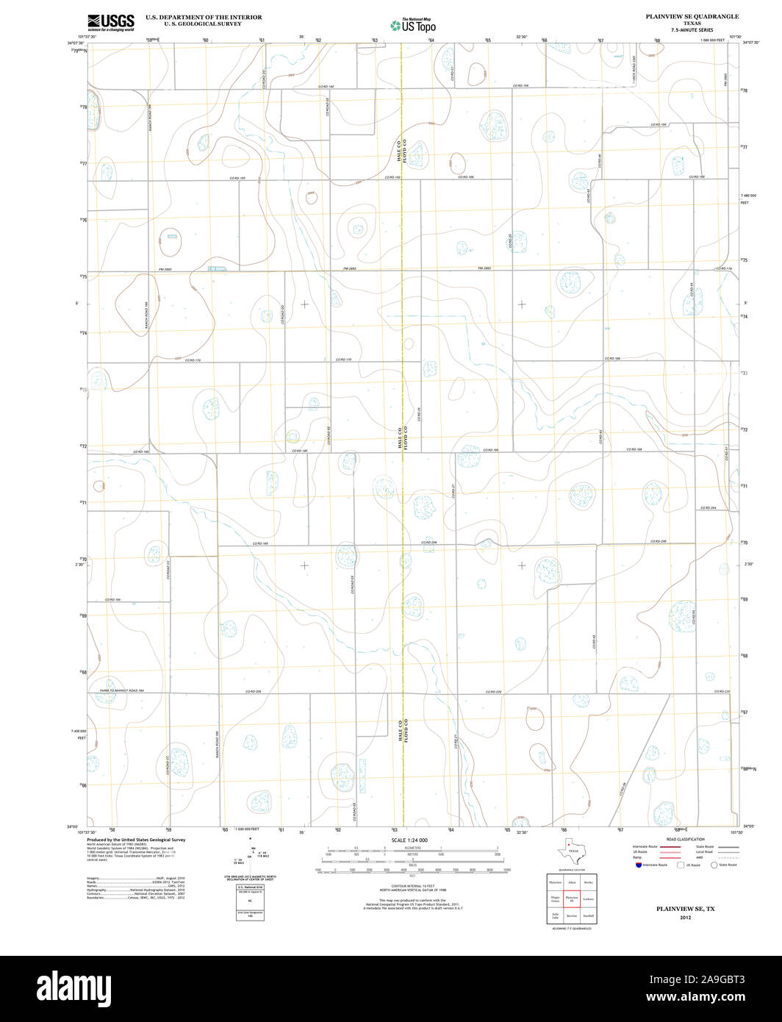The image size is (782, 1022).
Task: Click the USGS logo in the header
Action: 111,22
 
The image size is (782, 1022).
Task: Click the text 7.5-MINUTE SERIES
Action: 692,29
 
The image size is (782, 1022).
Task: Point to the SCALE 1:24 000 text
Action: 410,840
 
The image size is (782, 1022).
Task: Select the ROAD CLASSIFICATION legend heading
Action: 685,839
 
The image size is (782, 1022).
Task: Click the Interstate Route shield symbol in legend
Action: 638,865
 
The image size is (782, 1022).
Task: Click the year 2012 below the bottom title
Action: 686,918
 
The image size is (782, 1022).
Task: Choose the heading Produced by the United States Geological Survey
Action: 136,840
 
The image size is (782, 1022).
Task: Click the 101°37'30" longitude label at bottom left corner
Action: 87,832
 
